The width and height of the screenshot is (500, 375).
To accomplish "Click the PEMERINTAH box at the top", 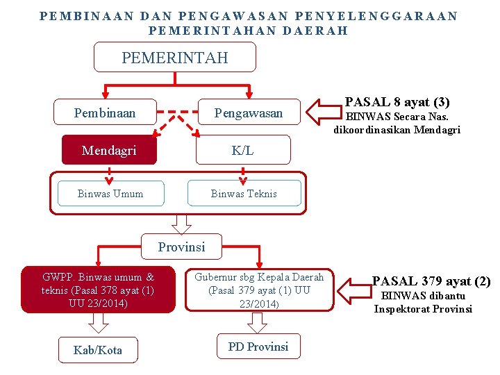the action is click(x=175, y=58).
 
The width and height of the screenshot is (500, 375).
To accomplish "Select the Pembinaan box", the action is click(x=105, y=112).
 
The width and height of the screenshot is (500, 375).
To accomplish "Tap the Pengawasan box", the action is click(x=248, y=112).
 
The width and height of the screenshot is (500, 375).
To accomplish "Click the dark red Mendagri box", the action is click(x=109, y=150).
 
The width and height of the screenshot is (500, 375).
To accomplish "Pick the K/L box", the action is click(x=242, y=150).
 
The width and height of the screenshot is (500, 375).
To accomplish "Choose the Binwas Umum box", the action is click(x=110, y=194).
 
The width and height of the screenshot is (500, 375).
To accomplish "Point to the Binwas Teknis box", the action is click(x=244, y=194).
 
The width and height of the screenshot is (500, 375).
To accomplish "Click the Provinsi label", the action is click(x=181, y=247).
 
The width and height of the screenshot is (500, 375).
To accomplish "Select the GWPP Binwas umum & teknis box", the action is click(x=98, y=290).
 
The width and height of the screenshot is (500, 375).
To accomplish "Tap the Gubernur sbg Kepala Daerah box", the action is click(x=259, y=290).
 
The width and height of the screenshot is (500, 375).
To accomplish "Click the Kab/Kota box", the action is click(x=98, y=350).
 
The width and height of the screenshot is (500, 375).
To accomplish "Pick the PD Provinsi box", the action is click(x=258, y=347).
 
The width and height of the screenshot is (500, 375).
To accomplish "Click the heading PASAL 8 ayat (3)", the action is click(x=397, y=102).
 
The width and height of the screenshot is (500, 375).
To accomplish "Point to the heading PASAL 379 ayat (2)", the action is click(x=431, y=281).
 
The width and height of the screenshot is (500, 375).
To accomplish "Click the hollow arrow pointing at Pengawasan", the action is click(x=321, y=111).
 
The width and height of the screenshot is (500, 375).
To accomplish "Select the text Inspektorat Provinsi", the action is click(x=423, y=309).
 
